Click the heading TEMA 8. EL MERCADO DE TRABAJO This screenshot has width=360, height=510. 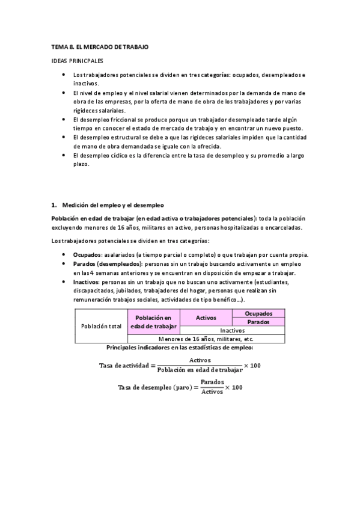(99, 47)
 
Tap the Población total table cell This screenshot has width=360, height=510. (101, 326)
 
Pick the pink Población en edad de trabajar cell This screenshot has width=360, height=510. (153, 322)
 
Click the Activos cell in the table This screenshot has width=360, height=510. (206, 318)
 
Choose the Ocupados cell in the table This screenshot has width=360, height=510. (258, 313)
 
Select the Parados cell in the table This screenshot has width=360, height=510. (258, 322)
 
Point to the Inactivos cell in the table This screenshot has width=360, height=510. (232, 330)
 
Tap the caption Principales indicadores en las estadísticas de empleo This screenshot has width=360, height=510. (180, 348)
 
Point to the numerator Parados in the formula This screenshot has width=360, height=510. (212, 382)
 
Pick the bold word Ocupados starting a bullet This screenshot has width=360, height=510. (87, 255)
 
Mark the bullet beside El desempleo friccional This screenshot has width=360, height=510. (64, 120)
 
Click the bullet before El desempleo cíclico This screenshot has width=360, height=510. (64, 155)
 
